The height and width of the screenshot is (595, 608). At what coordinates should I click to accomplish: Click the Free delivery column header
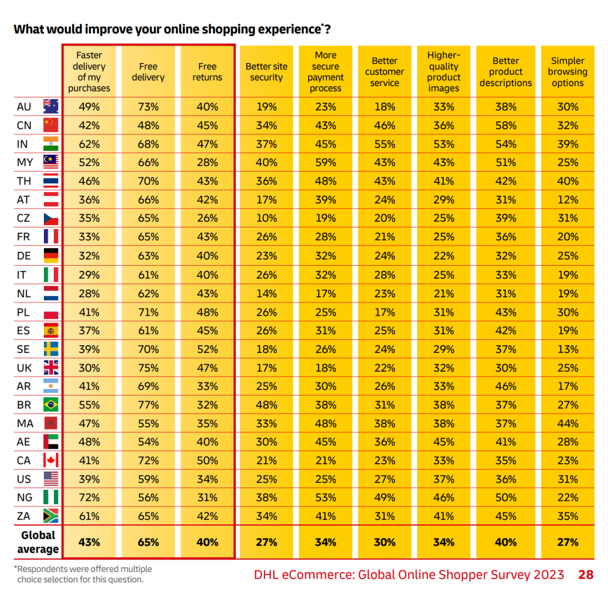click(148, 72)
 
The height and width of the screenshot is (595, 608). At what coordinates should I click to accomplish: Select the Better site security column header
click(266, 72)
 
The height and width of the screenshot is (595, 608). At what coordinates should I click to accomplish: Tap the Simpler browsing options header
click(567, 72)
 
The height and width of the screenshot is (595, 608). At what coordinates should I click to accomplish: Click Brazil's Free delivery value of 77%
click(148, 405)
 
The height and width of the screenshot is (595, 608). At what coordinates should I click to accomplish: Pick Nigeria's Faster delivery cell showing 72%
click(89, 498)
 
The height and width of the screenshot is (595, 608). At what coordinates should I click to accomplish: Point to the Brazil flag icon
click(51, 405)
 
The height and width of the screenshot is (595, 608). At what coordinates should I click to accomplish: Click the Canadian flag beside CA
click(51, 460)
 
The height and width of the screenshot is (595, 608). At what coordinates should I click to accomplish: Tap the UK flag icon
click(51, 368)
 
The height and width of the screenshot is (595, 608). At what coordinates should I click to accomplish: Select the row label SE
click(24, 350)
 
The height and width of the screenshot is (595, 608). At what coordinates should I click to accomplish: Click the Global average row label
click(38, 542)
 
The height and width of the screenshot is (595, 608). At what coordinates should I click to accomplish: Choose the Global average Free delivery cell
click(148, 542)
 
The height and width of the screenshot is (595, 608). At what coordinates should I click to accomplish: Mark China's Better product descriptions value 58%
click(506, 126)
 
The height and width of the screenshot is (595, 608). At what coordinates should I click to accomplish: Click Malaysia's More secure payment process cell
click(325, 163)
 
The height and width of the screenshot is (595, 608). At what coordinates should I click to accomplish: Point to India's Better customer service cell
click(385, 144)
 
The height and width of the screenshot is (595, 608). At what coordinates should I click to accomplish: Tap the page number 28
click(585, 575)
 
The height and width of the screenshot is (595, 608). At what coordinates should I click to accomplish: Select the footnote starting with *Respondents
click(83, 574)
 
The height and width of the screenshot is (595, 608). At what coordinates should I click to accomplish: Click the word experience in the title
click(284, 29)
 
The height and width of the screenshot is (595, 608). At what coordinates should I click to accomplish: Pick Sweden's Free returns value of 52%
click(207, 350)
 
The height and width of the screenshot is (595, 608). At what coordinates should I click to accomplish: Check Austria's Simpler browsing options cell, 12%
click(567, 200)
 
